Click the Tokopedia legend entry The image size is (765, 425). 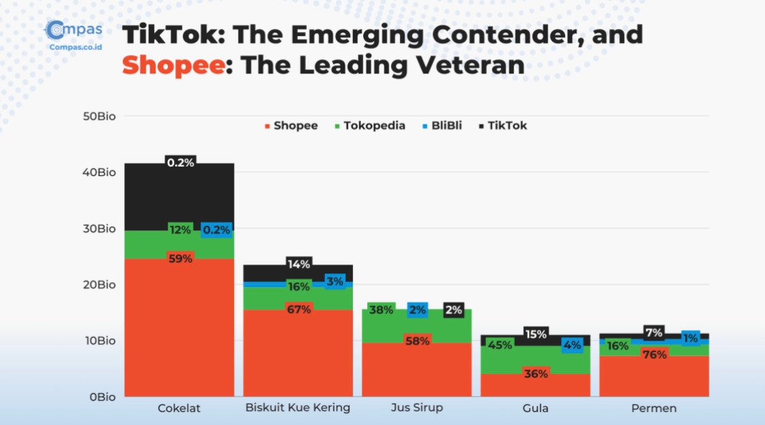pos(370,126)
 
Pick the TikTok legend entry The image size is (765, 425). pos(503,126)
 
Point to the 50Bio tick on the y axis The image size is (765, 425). pos(99,116)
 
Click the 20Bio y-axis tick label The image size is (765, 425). pos(99,284)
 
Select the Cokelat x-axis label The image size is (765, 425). pos(180,408)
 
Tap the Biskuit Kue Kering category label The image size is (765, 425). pos(298,408)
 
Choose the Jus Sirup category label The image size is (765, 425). pos(416,408)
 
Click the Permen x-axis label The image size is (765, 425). pos(653,408)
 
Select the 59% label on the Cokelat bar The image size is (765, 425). pos(180,258)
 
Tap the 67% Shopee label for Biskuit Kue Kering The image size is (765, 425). pos(299,309)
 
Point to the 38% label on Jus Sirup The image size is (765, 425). pos(381,310)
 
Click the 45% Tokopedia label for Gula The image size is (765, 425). pos(500,345)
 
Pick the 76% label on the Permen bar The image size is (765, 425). pos(654,354)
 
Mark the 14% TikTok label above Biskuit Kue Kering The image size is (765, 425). pos(299,264)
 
